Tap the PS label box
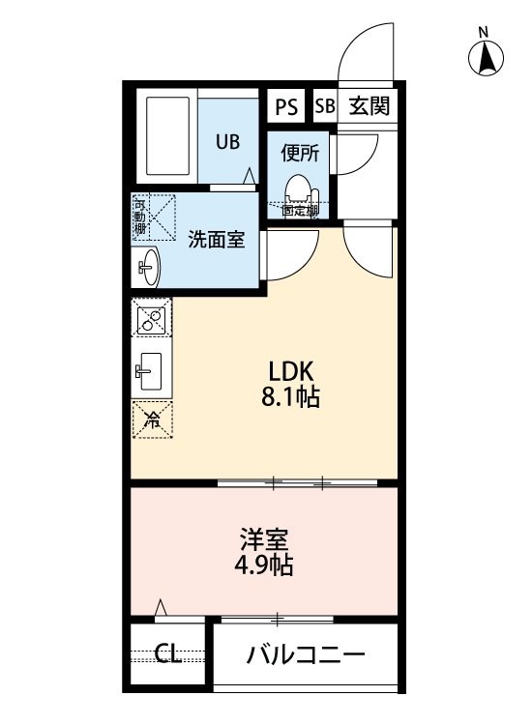pos(286,106)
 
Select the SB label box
pos(324,106)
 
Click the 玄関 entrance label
pos(369,106)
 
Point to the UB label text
pos(227,142)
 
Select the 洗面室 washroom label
pos(216,240)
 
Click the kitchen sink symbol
pos(151,367)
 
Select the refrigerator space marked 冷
pos(152,419)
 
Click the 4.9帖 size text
pos(266,565)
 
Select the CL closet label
pos(168,654)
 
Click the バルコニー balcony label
pos(306,654)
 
